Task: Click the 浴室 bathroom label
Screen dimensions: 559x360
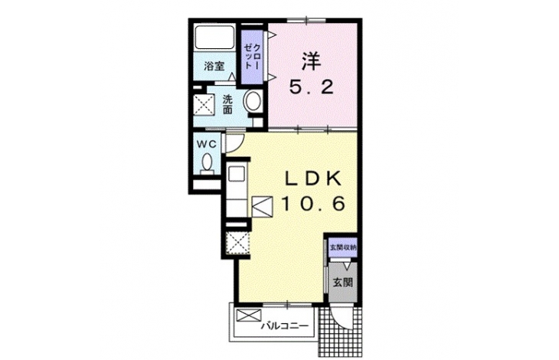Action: tap(214, 66)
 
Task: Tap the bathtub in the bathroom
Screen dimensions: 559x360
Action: tap(214, 37)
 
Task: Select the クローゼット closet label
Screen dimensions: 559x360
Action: tap(252, 57)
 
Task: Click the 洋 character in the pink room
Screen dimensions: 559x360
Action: tap(311, 61)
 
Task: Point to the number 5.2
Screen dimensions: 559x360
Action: tap(311, 87)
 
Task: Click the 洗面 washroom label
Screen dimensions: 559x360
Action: tap(227, 104)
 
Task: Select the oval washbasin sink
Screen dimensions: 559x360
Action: tap(253, 100)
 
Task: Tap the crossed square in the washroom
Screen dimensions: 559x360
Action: tap(204, 105)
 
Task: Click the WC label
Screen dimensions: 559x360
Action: tap(207, 144)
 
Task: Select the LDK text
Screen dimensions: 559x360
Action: tap(312, 179)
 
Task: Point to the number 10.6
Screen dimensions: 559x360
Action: tap(313, 204)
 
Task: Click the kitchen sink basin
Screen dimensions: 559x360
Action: tap(236, 175)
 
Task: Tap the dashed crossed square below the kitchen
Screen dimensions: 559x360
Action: tap(238, 243)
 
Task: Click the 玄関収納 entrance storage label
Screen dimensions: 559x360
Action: tap(342, 247)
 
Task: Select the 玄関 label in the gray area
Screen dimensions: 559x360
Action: tap(342, 283)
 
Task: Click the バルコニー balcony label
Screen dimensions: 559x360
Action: tap(284, 326)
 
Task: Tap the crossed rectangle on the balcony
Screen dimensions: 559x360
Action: tap(249, 315)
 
